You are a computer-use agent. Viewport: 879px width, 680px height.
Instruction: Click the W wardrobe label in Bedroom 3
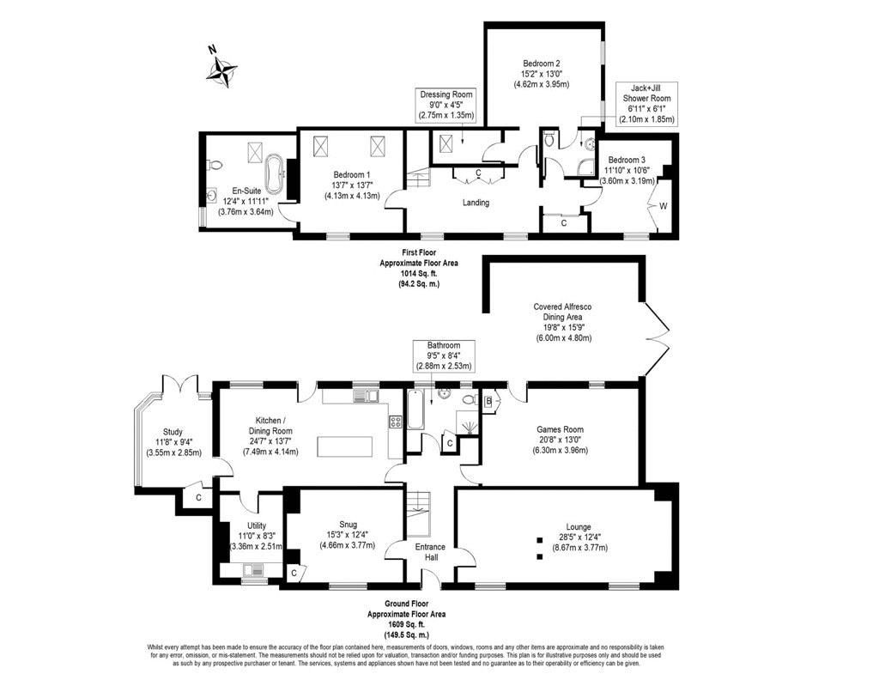663,206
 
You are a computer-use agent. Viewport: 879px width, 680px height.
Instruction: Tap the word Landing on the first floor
476,203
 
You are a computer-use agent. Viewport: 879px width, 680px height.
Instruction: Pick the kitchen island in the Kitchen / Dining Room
345,447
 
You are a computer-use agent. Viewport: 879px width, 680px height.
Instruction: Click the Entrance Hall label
430,552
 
